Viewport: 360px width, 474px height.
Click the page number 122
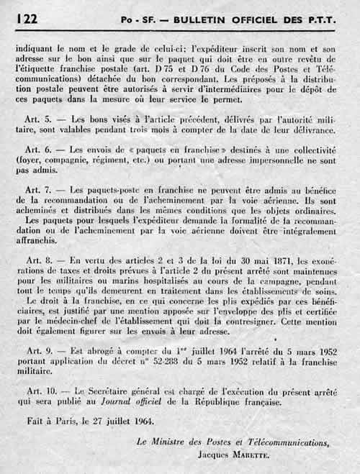pos(26,21)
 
